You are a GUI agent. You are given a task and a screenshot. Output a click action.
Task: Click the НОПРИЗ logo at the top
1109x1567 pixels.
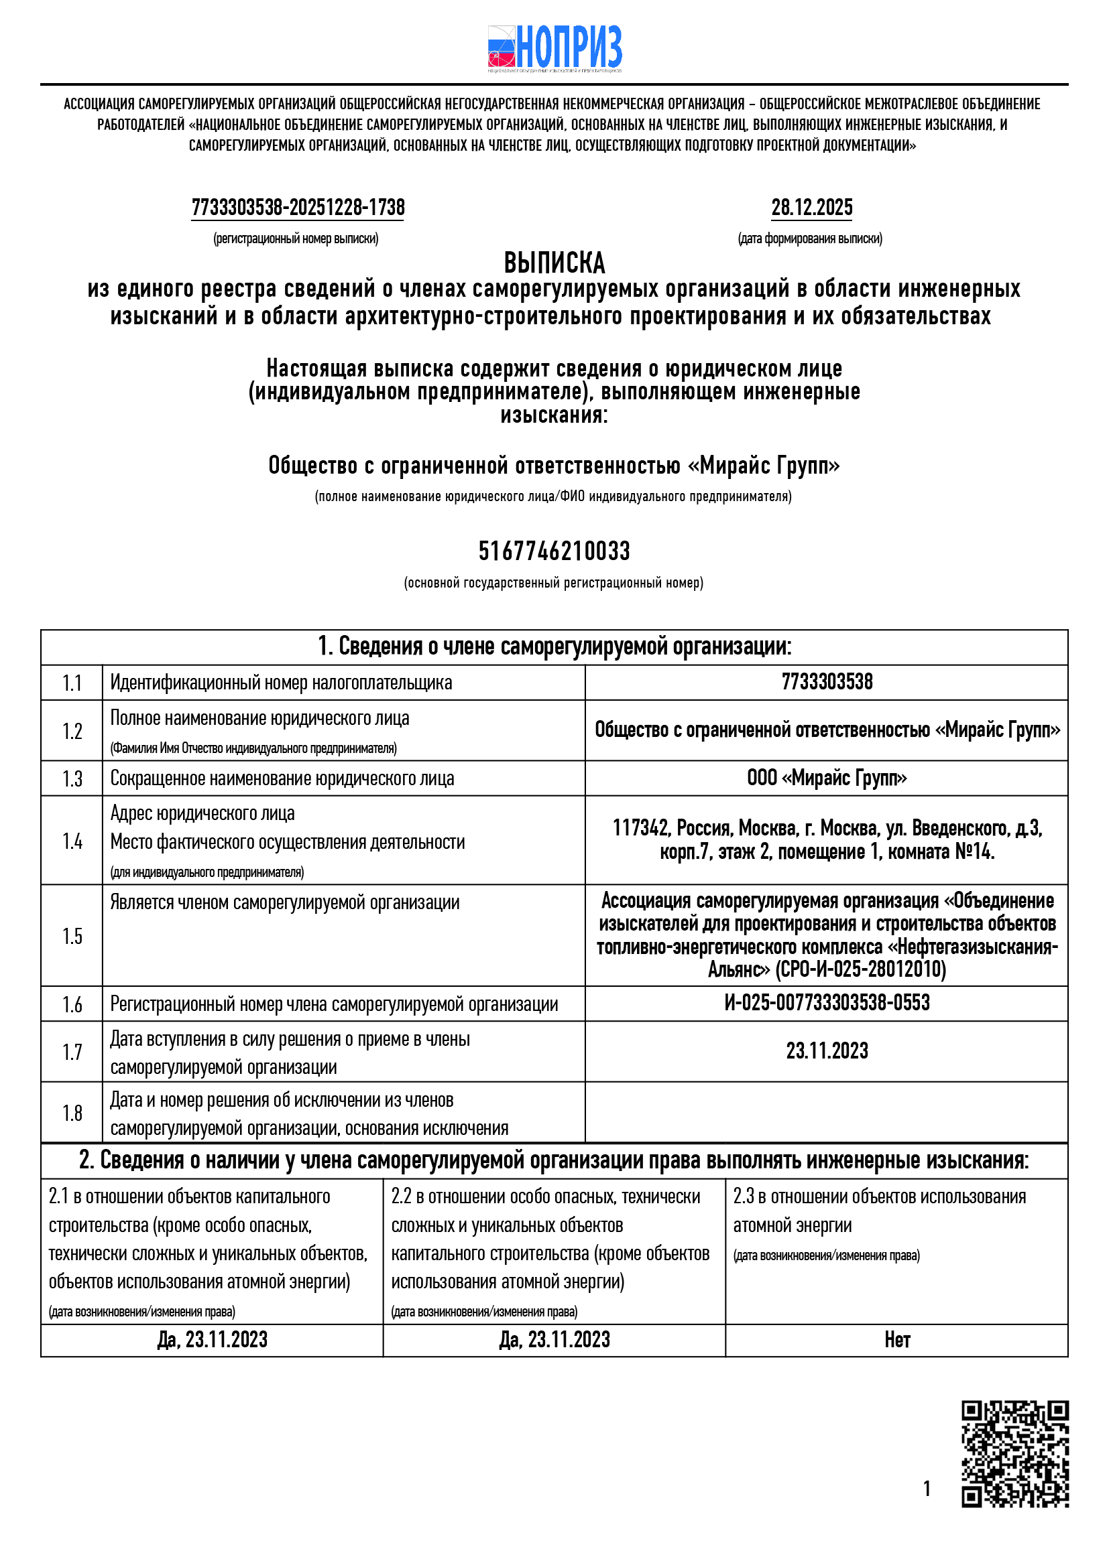click(x=554, y=48)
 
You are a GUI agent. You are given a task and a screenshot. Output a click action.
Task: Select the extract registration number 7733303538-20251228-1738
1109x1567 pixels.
click(x=298, y=208)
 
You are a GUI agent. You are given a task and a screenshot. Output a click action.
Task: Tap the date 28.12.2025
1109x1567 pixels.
click(x=811, y=208)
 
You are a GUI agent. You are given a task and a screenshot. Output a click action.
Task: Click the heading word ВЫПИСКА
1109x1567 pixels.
click(x=554, y=263)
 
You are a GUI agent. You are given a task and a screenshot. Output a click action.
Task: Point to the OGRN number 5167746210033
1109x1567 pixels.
click(x=554, y=551)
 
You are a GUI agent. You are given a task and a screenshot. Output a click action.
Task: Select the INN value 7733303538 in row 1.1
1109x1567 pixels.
click(x=826, y=682)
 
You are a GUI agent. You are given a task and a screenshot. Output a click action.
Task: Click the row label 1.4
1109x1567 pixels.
click(x=72, y=841)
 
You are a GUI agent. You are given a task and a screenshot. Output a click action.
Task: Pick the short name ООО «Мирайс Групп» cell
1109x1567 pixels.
click(x=826, y=778)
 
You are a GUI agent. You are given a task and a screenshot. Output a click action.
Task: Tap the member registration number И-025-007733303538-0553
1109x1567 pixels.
click(x=826, y=1003)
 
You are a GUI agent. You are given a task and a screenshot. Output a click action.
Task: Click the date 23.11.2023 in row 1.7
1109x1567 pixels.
click(x=826, y=1050)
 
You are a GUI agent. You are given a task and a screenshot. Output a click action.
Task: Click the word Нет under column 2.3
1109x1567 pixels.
click(x=896, y=1340)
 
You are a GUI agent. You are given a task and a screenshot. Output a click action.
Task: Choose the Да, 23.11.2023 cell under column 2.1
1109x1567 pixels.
click(x=213, y=1340)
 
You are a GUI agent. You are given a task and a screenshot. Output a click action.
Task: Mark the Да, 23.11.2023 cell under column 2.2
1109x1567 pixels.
click(x=554, y=1340)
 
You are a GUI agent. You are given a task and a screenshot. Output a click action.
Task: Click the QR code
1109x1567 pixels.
click(x=1014, y=1454)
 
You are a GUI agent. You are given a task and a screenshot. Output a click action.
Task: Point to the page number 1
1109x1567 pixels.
click(x=927, y=1489)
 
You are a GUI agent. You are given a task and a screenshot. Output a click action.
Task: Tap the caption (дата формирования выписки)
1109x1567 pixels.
click(x=810, y=239)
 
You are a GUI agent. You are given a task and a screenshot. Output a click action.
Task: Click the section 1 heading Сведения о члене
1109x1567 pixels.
click(x=554, y=646)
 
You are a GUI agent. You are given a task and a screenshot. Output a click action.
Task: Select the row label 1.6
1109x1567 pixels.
click(x=72, y=1005)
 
